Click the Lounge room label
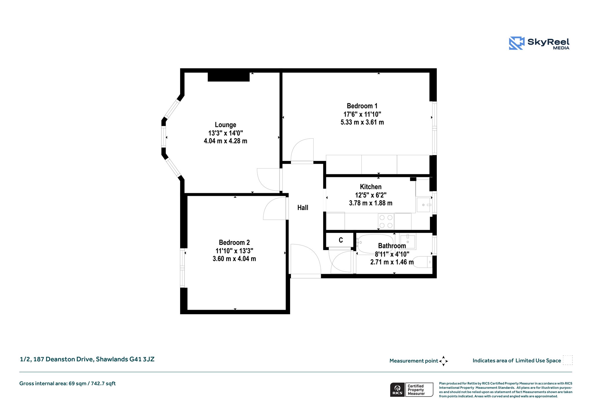pos(225,125)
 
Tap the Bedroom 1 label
pos(362,106)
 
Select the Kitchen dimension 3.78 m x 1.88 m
pos(371,203)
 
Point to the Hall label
pos(303,208)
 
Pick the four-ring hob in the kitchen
pos(386,221)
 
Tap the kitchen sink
pos(423,205)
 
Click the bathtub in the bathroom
pos(375,244)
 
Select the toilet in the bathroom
pos(422,262)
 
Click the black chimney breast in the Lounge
pos(229,77)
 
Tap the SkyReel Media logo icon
pos(517,43)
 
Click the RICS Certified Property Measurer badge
pos(412,390)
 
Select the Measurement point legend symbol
pos(443,361)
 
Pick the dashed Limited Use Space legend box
pos(568,360)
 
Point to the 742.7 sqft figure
pos(103,383)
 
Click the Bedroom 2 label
pos(234,242)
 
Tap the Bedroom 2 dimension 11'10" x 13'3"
pos(234,251)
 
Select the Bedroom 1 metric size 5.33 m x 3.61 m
pos(362,122)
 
